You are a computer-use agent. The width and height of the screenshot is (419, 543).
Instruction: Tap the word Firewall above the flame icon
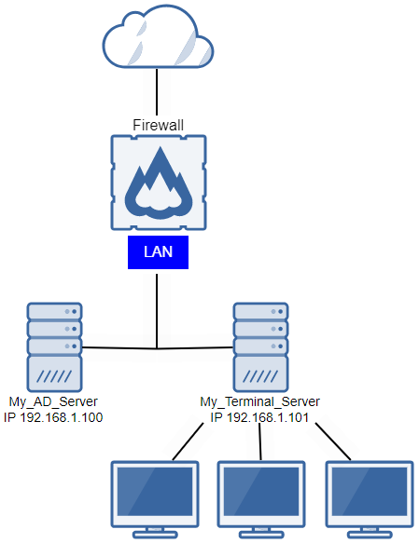coord(157,124)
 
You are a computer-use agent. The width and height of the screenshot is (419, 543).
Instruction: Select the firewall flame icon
coord(157,183)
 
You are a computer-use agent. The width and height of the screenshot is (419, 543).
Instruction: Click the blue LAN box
coord(157,251)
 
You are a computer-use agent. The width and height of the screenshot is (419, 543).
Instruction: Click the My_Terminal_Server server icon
coord(259,346)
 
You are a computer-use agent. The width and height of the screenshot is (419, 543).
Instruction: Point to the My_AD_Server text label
coord(52,402)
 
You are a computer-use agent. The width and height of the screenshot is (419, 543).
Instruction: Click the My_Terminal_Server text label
coord(259,402)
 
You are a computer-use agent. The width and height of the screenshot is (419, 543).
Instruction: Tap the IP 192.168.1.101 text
coord(259,417)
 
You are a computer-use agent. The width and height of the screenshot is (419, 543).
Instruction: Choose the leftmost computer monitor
coord(154,495)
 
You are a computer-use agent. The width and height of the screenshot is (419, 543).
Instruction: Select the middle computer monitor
coord(262,495)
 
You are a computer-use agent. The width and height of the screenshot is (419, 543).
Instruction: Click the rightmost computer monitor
coord(370,495)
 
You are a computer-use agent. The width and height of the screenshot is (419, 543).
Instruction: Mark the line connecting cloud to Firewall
coord(157,93)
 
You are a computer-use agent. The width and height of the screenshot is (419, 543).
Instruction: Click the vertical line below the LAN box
coord(157,307)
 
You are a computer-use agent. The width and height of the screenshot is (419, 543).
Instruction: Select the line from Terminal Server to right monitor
coord(331,441)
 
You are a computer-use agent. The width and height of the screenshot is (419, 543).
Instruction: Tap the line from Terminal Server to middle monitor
coord(260,441)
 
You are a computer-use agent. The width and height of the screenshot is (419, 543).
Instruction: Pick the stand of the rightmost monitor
coord(370,531)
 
